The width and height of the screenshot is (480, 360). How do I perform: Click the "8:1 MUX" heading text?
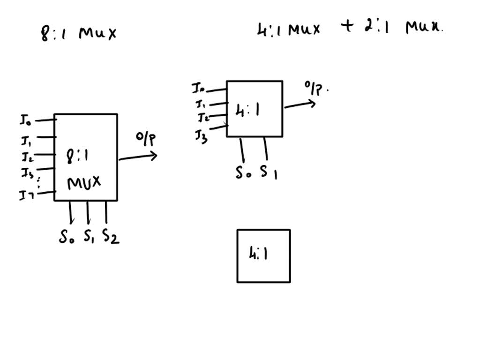point(79,33)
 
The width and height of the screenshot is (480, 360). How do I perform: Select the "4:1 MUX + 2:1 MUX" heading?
point(349,28)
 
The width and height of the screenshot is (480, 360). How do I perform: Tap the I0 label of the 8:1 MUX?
point(25,120)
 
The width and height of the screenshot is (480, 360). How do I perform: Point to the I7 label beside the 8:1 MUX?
point(25,195)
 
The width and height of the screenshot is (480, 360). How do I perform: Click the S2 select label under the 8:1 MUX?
point(111,237)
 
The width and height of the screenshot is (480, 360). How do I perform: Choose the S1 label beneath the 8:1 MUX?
point(89,237)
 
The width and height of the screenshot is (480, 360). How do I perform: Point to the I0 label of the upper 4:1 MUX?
point(198,88)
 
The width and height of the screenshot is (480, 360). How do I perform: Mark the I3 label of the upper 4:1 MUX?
point(201,136)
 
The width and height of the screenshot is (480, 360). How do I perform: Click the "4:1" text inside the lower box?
point(259,254)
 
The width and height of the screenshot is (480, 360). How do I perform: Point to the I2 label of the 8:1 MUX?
point(26,156)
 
